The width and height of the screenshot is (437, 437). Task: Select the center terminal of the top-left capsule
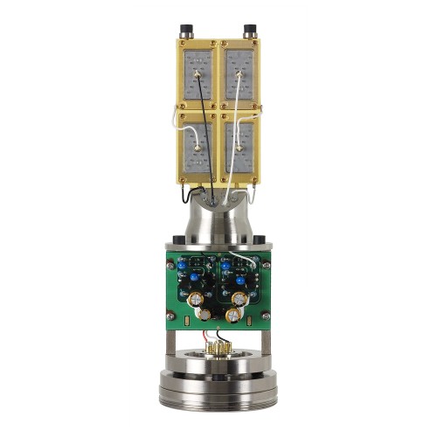(199, 75)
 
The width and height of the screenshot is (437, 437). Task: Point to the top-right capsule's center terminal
(239, 75)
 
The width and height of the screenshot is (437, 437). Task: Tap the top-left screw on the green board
(171, 263)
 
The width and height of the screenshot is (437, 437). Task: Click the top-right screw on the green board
(266, 263)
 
